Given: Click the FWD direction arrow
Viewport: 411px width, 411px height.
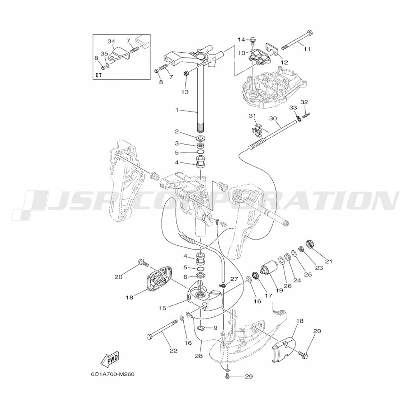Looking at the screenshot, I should [110, 360].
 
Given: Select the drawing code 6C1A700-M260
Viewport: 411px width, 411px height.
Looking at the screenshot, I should [113, 374].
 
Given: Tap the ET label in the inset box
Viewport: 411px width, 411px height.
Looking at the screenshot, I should [99, 75].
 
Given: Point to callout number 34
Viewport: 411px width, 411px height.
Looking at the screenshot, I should [111, 42].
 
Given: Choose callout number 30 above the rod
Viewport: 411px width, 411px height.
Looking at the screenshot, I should [273, 118].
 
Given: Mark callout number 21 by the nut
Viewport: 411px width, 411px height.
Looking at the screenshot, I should [328, 261].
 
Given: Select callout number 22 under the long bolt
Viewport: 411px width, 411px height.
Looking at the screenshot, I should [173, 350].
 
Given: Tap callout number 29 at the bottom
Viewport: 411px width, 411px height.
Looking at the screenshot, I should [249, 376].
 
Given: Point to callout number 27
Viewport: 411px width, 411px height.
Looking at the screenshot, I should [234, 279].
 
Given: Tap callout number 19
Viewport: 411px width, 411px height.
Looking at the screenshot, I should [279, 290].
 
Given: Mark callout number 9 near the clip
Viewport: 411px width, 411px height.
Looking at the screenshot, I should [215, 328].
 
